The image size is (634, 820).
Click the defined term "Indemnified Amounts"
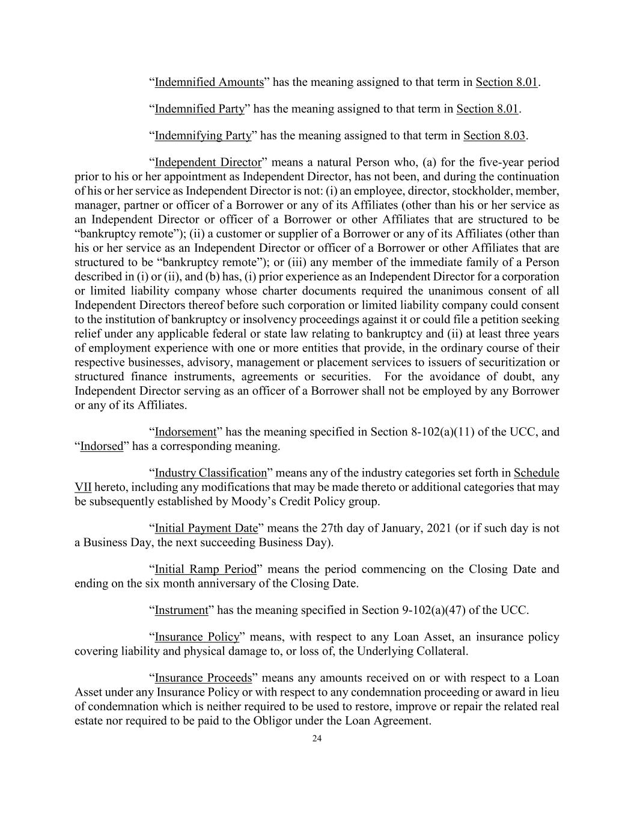(209, 82)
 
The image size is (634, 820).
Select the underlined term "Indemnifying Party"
(203, 136)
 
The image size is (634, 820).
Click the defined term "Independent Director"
(208, 163)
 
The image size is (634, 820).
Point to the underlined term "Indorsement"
(185, 432)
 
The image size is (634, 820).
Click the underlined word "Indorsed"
(102, 446)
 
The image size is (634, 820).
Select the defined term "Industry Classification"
(210, 473)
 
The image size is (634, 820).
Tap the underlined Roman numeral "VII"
(83, 487)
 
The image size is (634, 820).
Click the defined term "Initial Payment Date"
(206, 529)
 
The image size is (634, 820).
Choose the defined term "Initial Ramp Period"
(206, 569)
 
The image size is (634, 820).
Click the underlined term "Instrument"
(181, 610)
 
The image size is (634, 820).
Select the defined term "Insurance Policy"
(197, 637)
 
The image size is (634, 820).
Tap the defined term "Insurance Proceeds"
(203, 678)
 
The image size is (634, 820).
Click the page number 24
(317, 739)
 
